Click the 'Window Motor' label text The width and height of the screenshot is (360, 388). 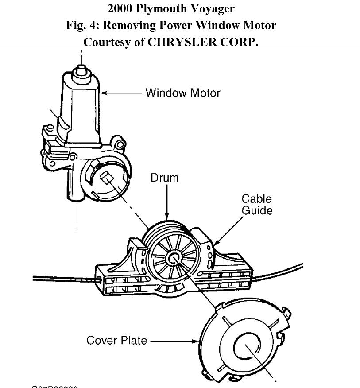click(182, 93)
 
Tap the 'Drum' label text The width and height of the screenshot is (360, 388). click(165, 178)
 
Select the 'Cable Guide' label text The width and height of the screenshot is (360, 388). click(257, 205)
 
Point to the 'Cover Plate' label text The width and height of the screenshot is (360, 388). click(117, 341)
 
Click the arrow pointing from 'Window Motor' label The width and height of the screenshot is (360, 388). click(122, 93)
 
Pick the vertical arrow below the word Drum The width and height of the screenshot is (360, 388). click(167, 202)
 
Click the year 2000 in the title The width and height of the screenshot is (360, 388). click(120, 8)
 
